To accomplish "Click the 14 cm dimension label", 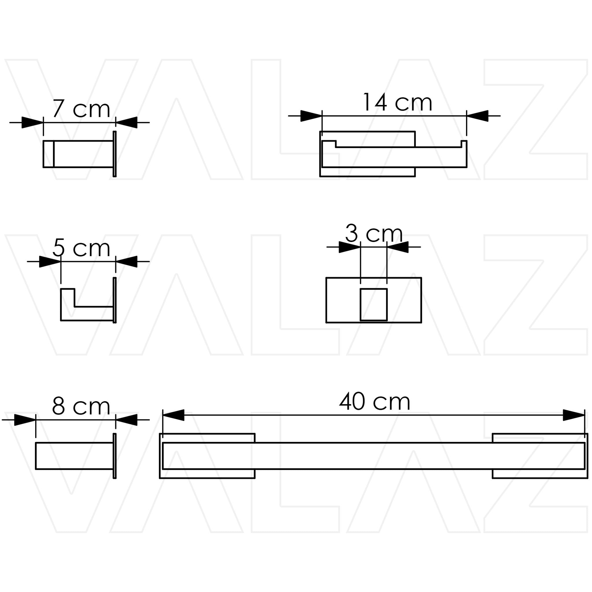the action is (397, 102).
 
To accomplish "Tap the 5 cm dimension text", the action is (81, 248).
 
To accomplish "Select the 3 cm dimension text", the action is (373, 234).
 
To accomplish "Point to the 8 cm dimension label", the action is (81, 406).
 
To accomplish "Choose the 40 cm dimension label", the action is (374, 402).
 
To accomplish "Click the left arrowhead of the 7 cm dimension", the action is (32, 123).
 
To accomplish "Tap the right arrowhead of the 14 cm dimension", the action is (477, 116).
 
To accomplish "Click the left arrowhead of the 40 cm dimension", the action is (173, 415).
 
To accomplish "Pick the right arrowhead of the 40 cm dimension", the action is (574, 415).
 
